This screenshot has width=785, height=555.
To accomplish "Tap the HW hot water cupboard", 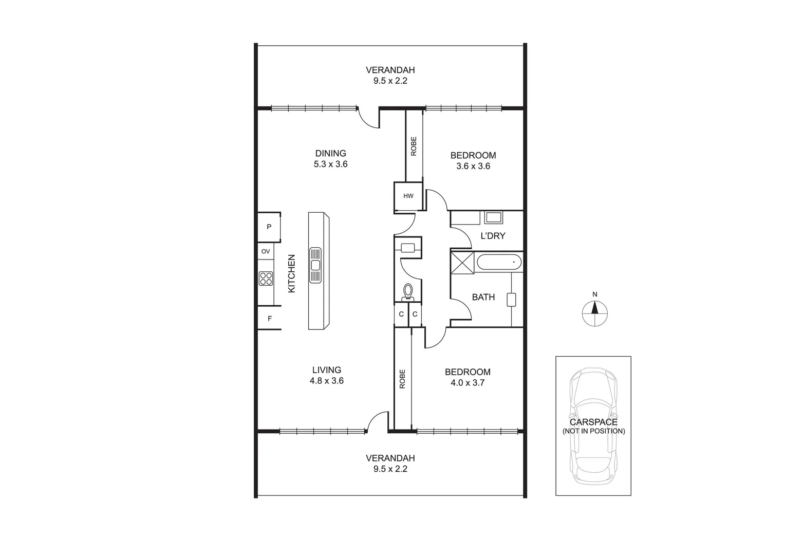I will click(408, 196).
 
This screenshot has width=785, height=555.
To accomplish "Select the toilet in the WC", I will click(408, 291).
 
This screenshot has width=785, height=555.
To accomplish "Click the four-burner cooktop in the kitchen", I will click(266, 279).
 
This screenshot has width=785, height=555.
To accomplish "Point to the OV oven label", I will click(266, 251).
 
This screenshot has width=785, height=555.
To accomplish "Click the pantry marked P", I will click(269, 227).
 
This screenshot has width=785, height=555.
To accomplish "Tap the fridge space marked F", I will click(269, 319).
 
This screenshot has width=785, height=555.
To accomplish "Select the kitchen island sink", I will click(315, 265).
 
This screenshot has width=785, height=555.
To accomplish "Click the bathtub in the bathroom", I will click(499, 263).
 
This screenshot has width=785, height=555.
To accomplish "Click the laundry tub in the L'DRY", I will click(494, 217).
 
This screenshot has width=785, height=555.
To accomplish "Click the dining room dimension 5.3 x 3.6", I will click(331, 164).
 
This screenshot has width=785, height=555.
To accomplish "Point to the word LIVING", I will click(327, 370).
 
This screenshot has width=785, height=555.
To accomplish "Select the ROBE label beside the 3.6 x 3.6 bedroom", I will click(414, 146).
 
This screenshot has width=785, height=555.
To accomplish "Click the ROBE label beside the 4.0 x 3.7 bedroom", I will click(403, 379).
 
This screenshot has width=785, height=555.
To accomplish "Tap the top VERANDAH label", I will click(390, 70).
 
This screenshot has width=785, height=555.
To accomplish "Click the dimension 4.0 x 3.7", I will click(468, 383).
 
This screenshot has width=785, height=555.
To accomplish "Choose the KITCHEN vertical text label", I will click(292, 273).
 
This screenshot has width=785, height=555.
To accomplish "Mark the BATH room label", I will click(483, 297).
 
